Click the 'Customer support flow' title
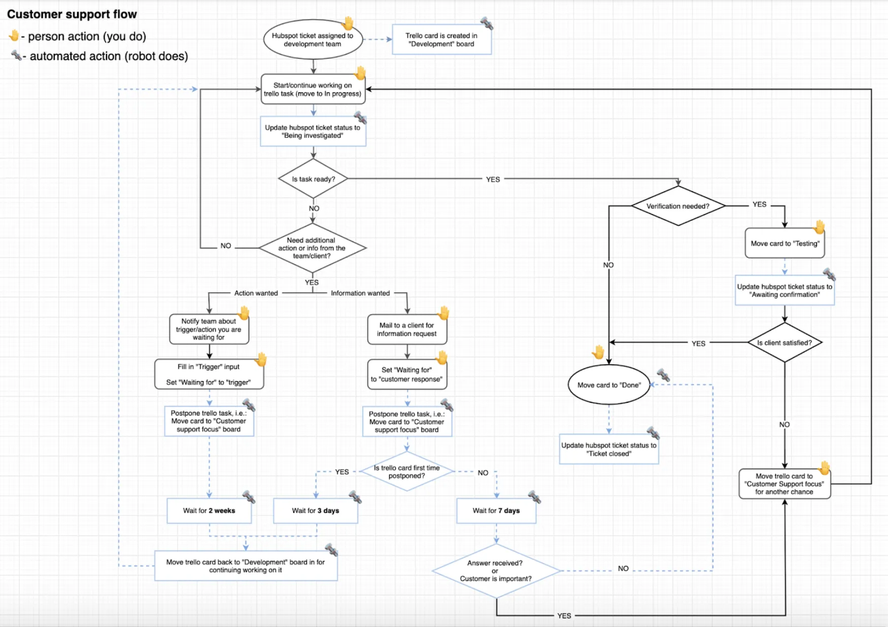[x=72, y=14]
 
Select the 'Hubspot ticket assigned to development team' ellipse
[x=313, y=40]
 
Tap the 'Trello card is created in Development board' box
[x=441, y=40]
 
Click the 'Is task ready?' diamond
[x=313, y=179]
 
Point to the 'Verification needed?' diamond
[x=678, y=206]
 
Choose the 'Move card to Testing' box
[x=784, y=243]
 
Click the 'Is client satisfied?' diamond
[x=784, y=343]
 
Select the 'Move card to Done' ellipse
[x=609, y=385]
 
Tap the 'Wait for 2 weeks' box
[x=209, y=511]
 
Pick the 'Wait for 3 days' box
[x=315, y=511]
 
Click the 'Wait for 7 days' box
[x=496, y=511]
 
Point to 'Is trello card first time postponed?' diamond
[x=406, y=472]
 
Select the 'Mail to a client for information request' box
[x=406, y=329]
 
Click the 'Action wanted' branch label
[x=256, y=293]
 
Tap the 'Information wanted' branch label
[x=360, y=293]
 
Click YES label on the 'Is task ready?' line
[x=493, y=180]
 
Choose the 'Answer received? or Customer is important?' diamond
[x=496, y=571]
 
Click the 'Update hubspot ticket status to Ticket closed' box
[x=608, y=449]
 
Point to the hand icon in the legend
[x=14, y=36]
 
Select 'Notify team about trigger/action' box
[x=209, y=329]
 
